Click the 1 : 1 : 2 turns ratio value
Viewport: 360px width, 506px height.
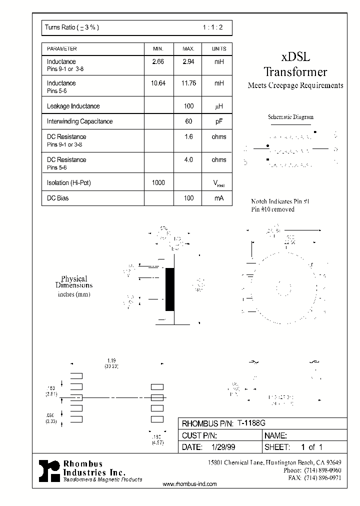pos(213,28)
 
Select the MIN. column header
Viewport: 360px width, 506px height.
pos(158,49)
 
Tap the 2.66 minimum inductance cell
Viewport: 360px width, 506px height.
pos(158,62)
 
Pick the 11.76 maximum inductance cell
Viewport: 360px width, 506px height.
pos(188,83)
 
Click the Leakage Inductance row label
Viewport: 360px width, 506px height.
pos(73,106)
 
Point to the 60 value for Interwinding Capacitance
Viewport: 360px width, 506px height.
pos(188,121)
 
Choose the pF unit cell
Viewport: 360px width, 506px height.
pos(219,121)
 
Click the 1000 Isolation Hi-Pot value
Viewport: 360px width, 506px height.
pos(158,183)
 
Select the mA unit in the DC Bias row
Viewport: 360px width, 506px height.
pos(219,198)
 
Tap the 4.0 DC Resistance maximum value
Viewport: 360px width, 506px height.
pos(188,160)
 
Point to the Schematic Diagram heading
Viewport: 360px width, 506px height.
pos(290,117)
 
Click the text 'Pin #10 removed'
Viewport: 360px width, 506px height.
pos(272,209)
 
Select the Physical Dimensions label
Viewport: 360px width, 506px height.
pos(74,282)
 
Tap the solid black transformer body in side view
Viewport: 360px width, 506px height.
pos(170,289)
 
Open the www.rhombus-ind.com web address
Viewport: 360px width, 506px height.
pos(190,484)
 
